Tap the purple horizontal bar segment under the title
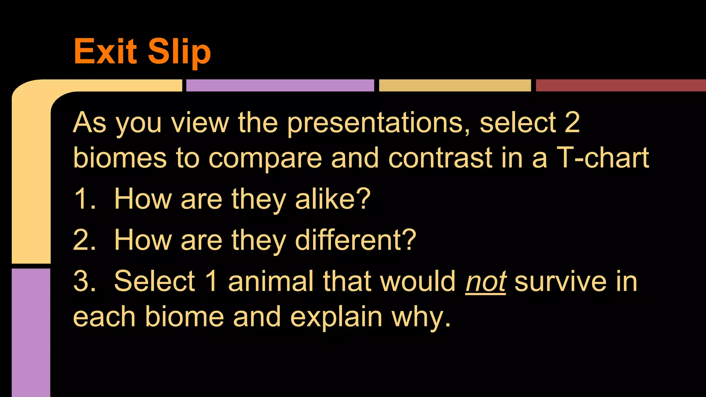click(280, 85)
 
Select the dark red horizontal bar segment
click(621, 85)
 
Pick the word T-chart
click(603, 158)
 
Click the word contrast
click(440, 158)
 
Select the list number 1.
click(84, 199)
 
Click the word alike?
click(333, 199)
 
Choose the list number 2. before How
click(84, 240)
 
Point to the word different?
click(355, 240)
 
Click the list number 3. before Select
click(84, 281)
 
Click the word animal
click(271, 281)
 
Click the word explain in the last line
click(336, 317)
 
